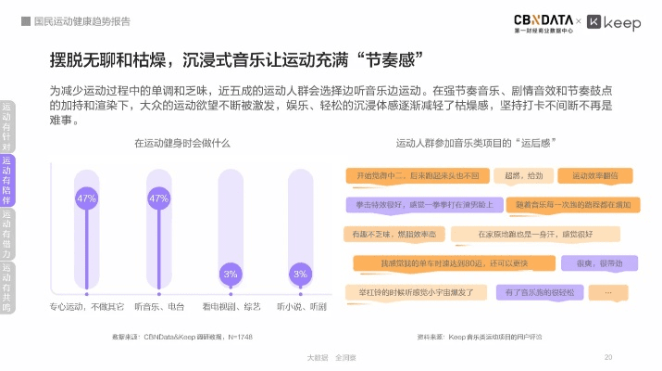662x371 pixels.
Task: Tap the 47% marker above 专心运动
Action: pos(86,198)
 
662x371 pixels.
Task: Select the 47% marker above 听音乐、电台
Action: pos(158,198)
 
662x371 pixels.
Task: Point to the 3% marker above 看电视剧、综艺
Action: pos(231,274)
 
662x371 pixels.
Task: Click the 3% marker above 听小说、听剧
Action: pos(300,274)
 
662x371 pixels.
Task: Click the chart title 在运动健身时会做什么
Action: pos(182,144)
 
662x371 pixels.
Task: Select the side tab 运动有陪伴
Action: pos(7,180)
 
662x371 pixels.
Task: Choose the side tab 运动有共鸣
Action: pos(7,287)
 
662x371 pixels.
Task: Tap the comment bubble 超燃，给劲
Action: pos(524,174)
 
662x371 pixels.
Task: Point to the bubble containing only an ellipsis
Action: pos(607,292)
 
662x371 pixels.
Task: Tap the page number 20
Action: pos(608,356)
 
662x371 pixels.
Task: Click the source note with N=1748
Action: pos(181,336)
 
